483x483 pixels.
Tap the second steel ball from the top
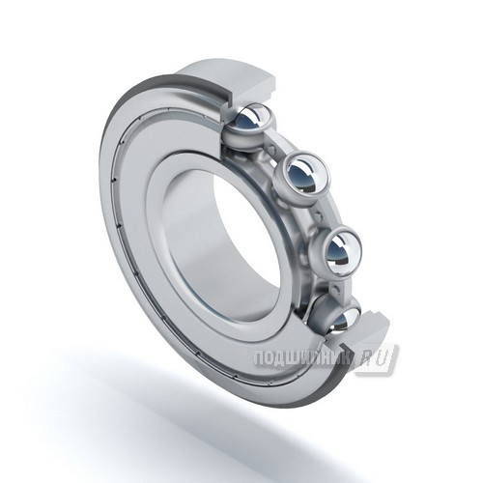pyautogui.click(x=302, y=176)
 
